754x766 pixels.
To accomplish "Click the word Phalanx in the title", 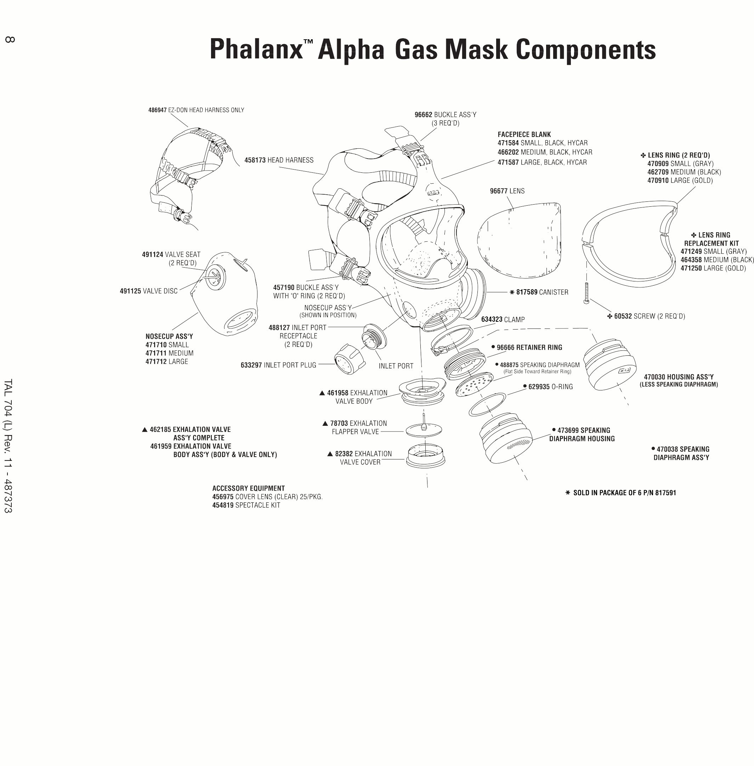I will coord(256,50).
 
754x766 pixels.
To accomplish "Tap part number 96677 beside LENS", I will coord(498,191).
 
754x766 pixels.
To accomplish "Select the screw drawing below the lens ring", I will coord(586,293).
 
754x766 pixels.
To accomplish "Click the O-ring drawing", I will coord(487,404).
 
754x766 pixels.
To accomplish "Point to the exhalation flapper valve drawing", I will coord(424,429).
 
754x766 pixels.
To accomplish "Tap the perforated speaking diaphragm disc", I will coord(474,384).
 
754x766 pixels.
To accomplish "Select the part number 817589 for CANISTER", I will coord(526,292).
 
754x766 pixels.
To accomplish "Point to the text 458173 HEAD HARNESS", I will coord(278,160).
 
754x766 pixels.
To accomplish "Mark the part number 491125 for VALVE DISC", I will coord(130,291).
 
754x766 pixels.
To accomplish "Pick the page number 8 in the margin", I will coord(10,39).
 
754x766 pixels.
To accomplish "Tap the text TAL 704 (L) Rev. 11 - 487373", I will coord(8,446).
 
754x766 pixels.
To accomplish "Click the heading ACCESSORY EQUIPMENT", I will coord(248,488).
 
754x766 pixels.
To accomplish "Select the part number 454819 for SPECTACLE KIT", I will coord(223,505).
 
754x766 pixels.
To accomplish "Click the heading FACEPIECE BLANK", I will coord(524,135).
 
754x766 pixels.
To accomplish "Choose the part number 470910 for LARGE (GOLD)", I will coord(658,181).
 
